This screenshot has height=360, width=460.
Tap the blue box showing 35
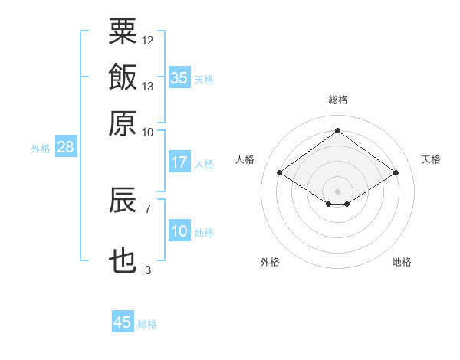pyautogui.click(x=179, y=77)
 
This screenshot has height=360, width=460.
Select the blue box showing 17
pyautogui.click(x=179, y=162)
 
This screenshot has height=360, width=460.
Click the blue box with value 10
pyautogui.click(x=179, y=231)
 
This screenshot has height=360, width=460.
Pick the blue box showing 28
pyautogui.click(x=65, y=148)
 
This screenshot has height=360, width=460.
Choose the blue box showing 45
pyautogui.click(x=123, y=322)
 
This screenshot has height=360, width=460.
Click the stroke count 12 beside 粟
pyautogui.click(x=148, y=40)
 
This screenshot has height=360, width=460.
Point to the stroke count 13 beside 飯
pyautogui.click(x=148, y=86)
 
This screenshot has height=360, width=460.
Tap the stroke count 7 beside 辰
pyautogui.click(x=147, y=208)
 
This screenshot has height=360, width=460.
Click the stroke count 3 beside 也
pyautogui.click(x=147, y=270)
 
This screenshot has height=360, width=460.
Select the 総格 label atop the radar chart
pyautogui.click(x=338, y=100)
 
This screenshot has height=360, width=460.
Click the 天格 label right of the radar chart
pyautogui.click(x=431, y=159)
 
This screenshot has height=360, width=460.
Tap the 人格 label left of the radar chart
pyautogui.click(x=245, y=159)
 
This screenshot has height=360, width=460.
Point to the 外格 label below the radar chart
pyautogui.click(x=270, y=262)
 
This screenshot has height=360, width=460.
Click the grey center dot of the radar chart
pyautogui.click(x=338, y=191)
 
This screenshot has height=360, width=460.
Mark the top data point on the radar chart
pyautogui.click(x=338, y=130)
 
